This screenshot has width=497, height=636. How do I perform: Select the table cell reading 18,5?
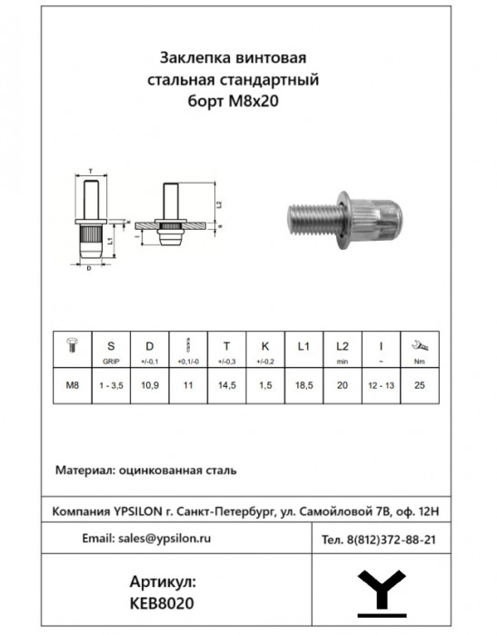[303, 386]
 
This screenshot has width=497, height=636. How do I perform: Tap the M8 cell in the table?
[73, 386]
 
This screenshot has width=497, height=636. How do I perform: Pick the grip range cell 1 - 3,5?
[111, 386]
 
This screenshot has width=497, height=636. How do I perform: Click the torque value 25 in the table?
[420, 386]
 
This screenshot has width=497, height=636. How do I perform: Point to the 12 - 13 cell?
[381, 386]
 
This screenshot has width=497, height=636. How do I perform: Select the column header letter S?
[111, 346]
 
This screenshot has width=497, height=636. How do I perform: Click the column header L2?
[342, 346]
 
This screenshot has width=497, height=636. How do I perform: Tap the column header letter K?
[264, 346]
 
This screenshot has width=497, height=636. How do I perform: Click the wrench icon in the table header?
[420, 345]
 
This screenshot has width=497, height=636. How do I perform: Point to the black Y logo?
[382, 591]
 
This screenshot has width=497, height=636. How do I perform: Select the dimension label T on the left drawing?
[92, 170]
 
